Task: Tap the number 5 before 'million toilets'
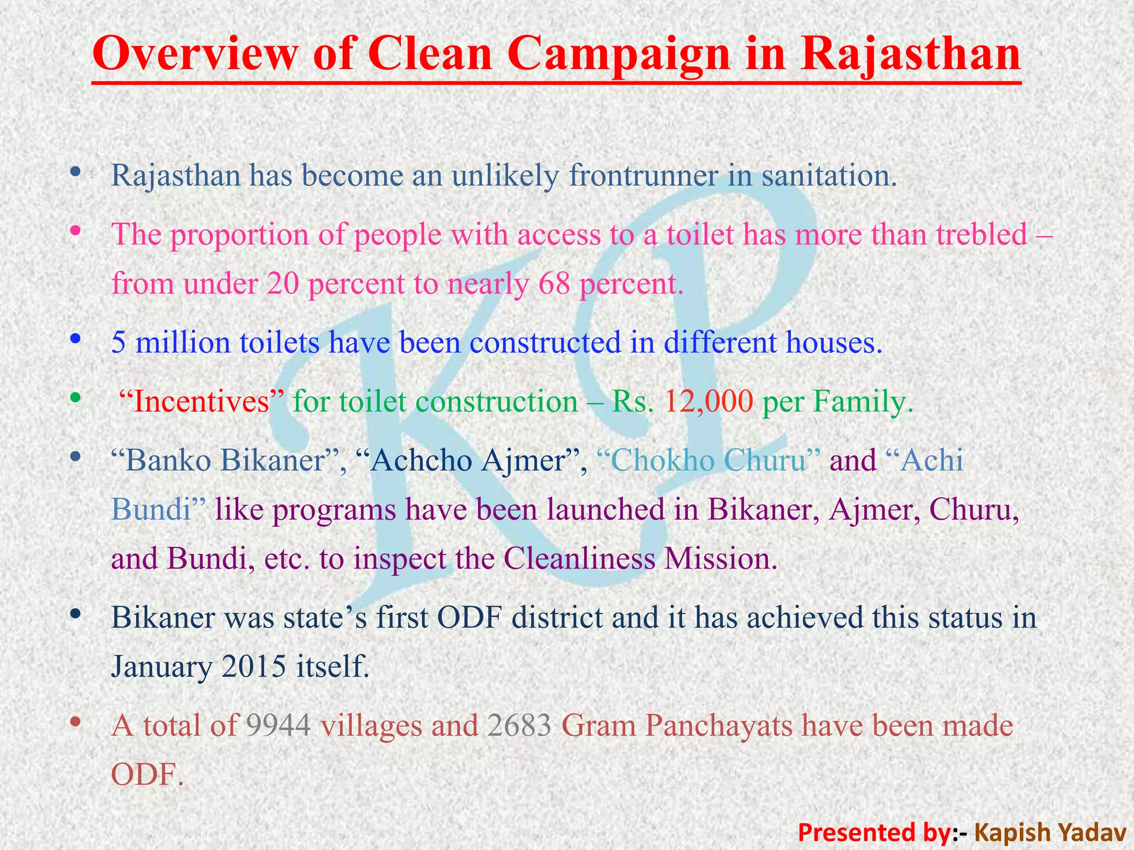118,343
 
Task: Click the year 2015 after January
254,667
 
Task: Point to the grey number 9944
278,726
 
